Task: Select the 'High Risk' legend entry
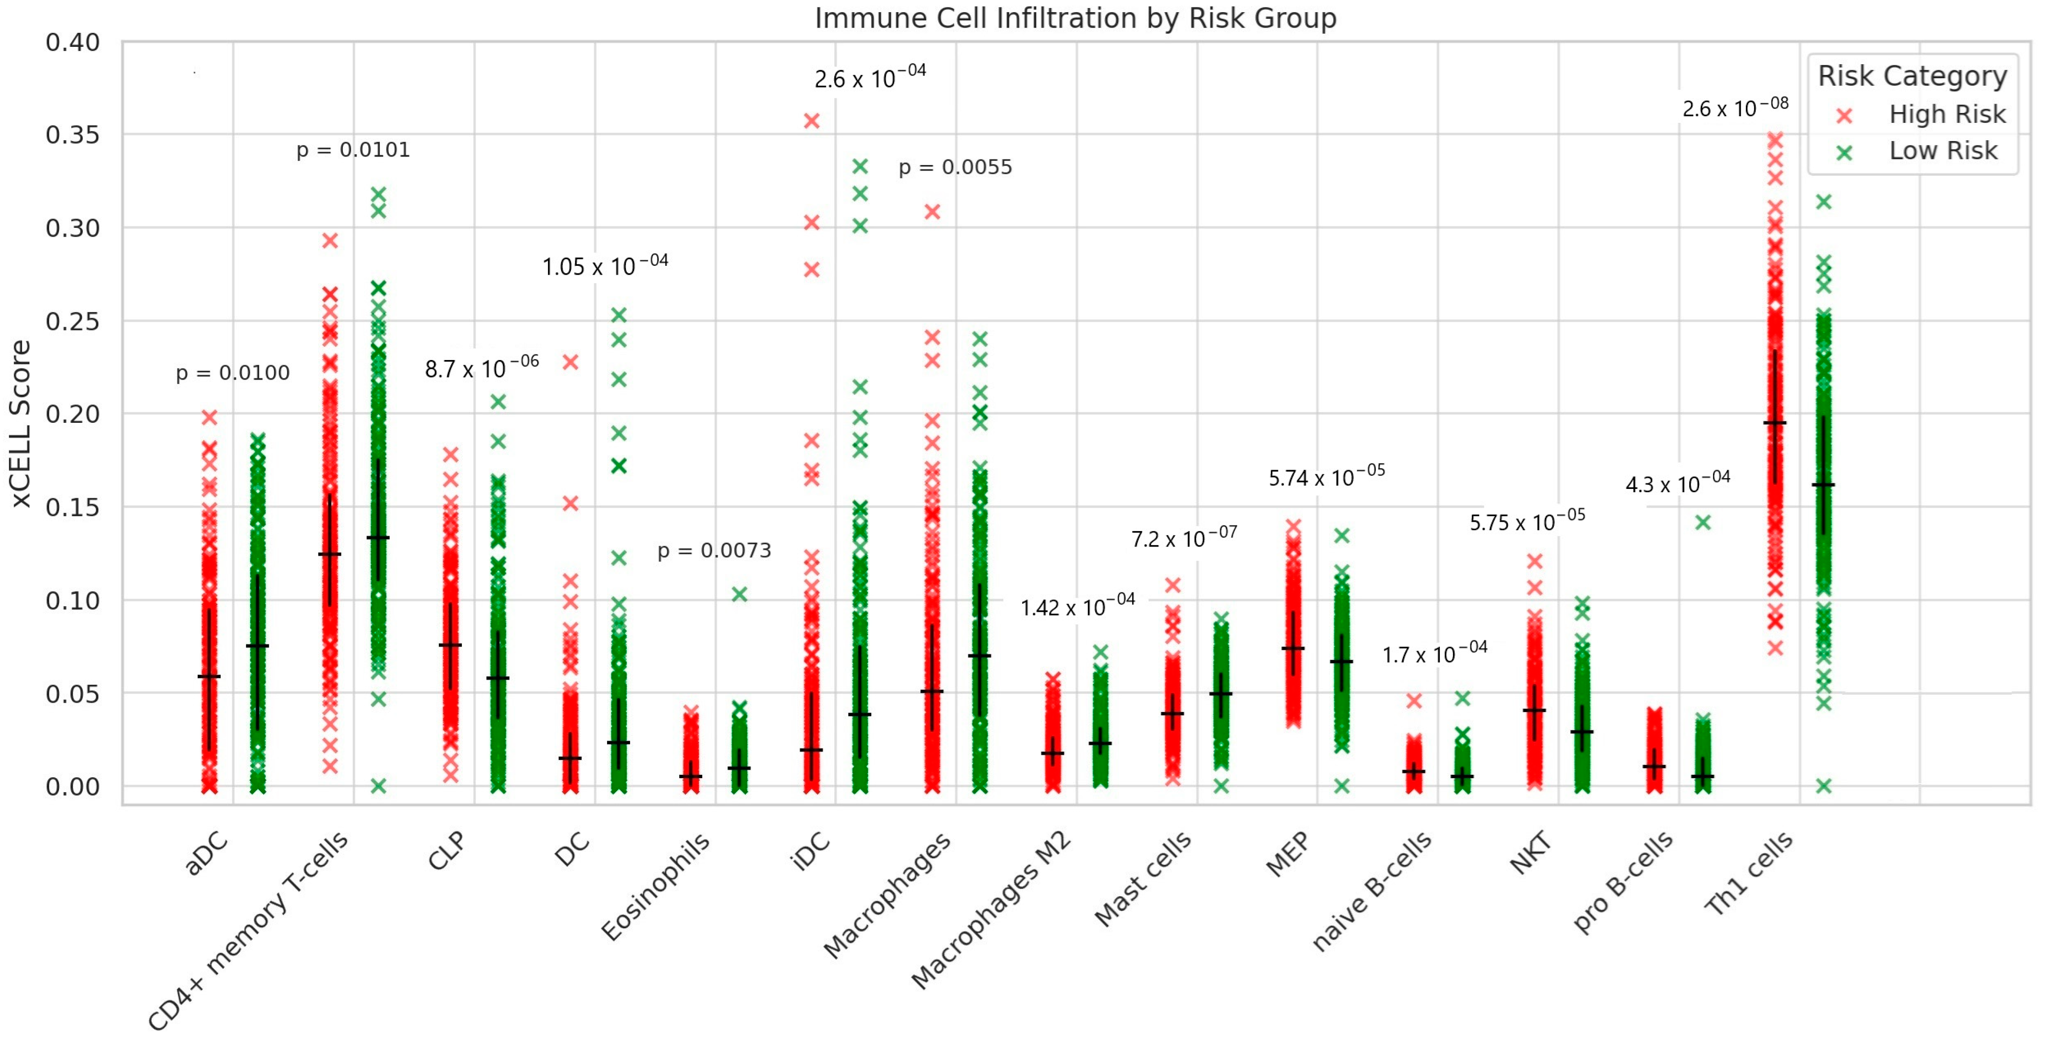pos(1947,114)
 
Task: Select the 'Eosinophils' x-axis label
pos(656,886)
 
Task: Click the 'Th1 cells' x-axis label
pos(1748,873)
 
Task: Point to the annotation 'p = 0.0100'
pos(232,373)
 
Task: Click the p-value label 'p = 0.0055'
pos(955,167)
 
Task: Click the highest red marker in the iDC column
pos(811,121)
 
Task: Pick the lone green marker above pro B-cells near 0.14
pos(1702,522)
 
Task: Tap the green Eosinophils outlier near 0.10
pos(739,595)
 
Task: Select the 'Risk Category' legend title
pos(1912,76)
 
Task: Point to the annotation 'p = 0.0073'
pos(713,550)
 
